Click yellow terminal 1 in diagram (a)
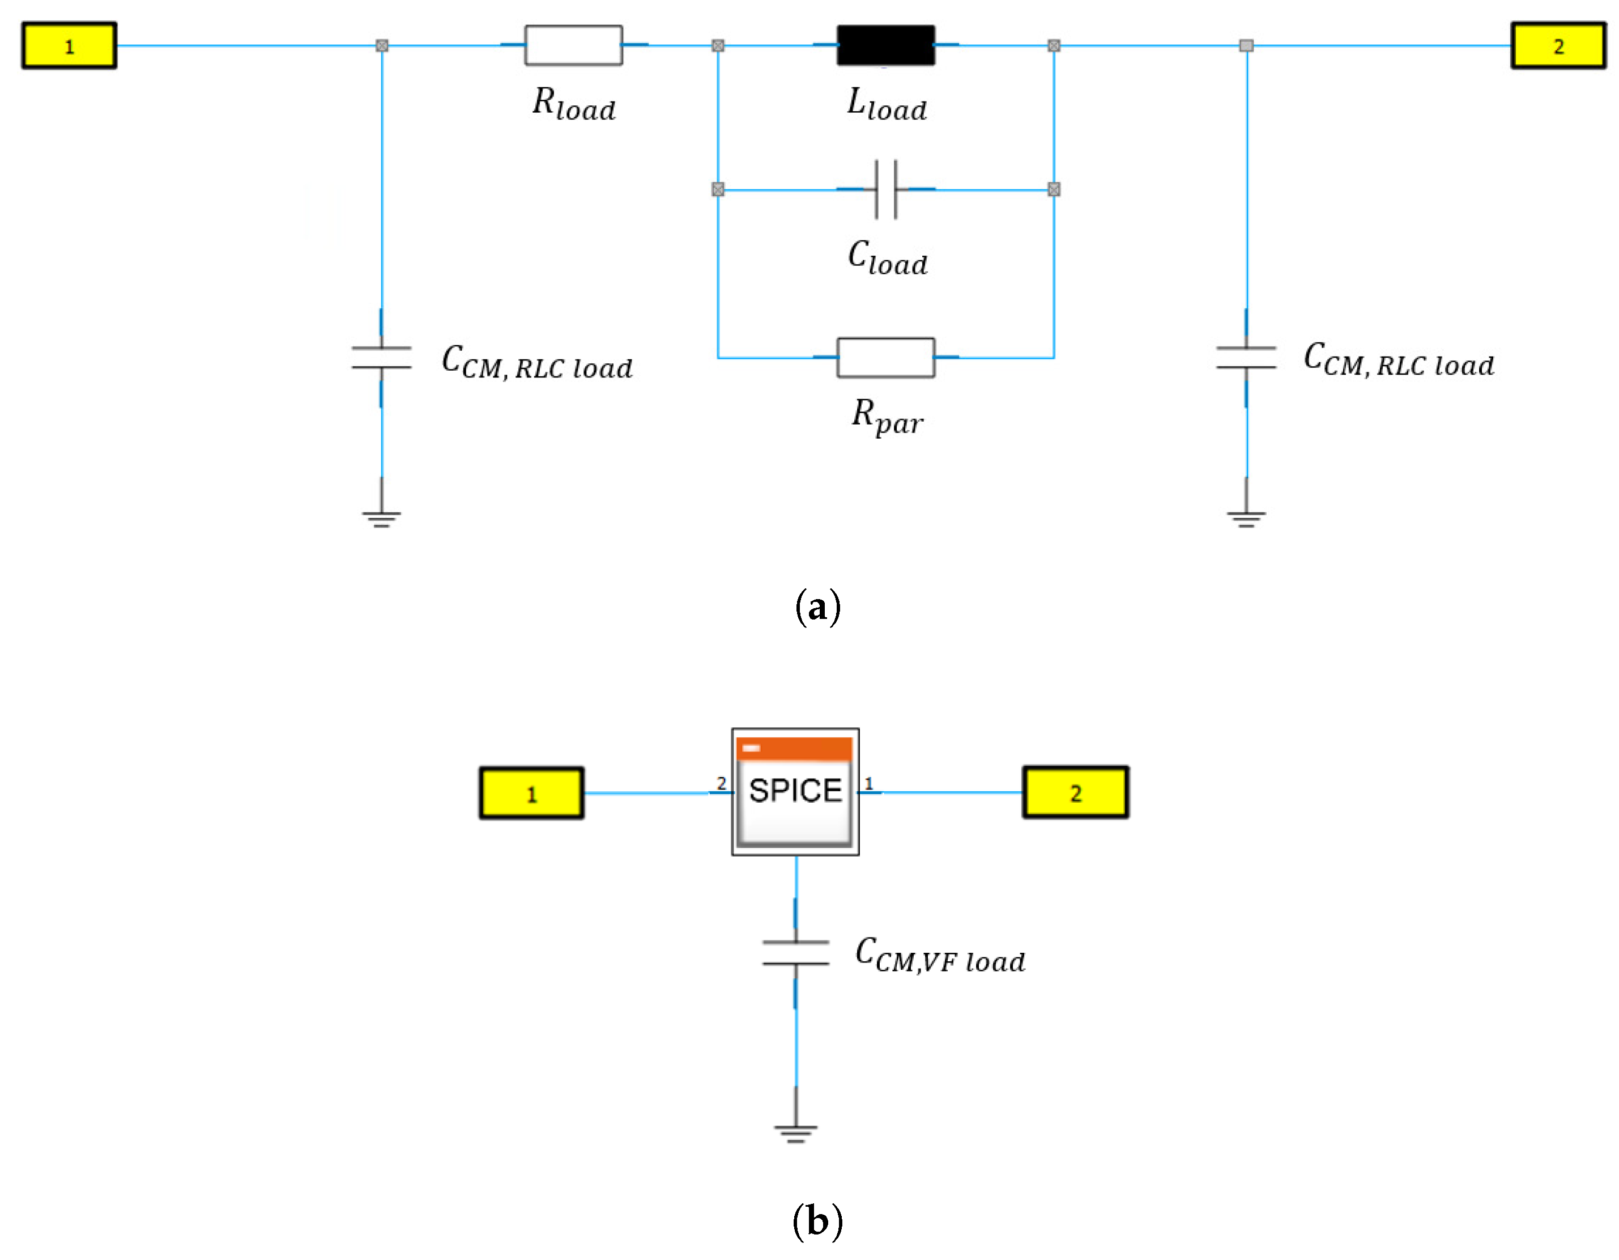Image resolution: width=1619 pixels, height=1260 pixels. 69,46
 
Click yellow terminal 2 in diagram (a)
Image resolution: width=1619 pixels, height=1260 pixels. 1558,46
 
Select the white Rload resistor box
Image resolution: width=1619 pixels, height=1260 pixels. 573,45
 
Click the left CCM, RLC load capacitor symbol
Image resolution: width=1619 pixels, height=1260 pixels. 381,358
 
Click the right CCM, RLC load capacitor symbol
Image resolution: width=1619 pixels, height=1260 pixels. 1246,358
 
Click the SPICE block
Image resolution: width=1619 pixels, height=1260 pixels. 795,791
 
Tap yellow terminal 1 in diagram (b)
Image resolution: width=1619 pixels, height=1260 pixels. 531,793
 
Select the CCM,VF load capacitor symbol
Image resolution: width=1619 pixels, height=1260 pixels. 795,953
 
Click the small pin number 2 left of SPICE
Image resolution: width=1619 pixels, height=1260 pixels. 721,783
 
